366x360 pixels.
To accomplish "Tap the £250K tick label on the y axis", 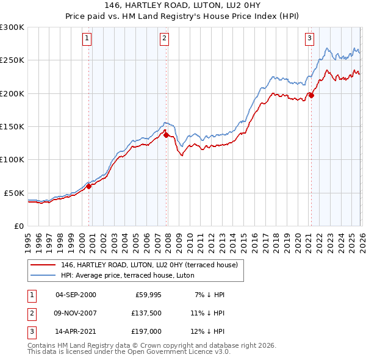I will (12, 60).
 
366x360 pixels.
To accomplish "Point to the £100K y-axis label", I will (12, 159).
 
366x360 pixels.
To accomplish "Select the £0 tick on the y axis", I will (18, 226).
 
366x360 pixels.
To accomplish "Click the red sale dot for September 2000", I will (88, 187).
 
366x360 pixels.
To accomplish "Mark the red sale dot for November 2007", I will (167, 135).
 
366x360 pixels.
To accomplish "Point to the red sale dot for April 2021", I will (311, 95).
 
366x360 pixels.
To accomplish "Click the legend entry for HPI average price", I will (127, 275).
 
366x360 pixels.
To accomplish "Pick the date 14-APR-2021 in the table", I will (76, 331).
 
